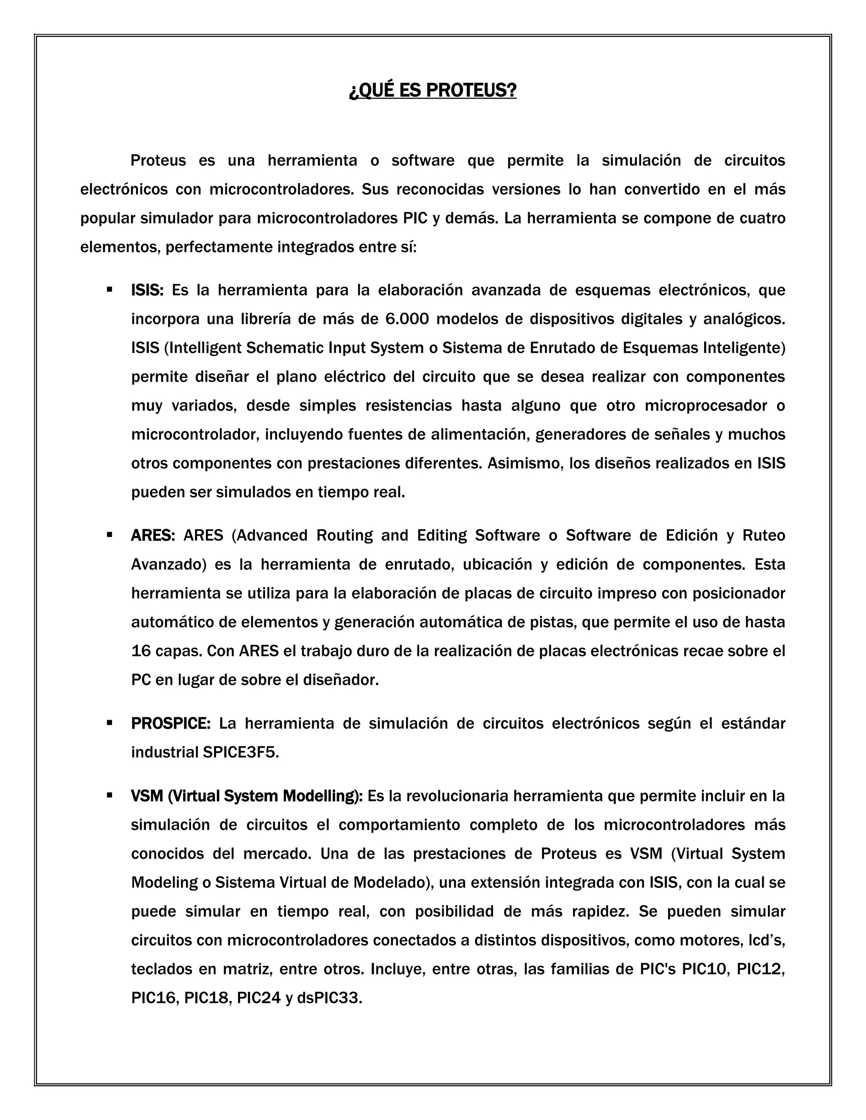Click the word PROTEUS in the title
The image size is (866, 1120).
click(x=471, y=90)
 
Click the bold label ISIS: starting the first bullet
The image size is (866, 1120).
click(x=147, y=290)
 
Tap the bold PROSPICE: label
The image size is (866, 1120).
click(x=171, y=724)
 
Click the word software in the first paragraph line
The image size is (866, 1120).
click(x=423, y=161)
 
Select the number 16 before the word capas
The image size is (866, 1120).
click(x=141, y=651)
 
